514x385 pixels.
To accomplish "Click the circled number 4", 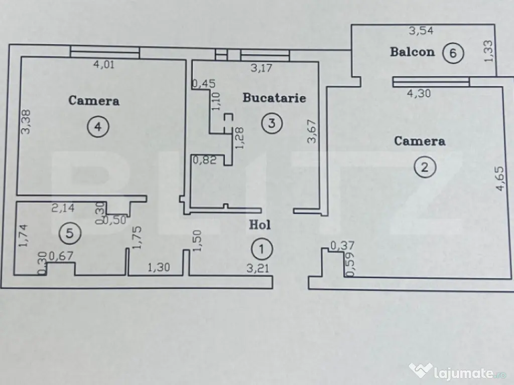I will coord(98,127).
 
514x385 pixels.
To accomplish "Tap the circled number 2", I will coord(425,167).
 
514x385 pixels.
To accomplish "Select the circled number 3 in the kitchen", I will coord(271,123).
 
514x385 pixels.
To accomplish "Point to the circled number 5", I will coord(70,232).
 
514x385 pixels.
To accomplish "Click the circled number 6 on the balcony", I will coord(453,53).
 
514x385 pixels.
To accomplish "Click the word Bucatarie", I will coord(274,98).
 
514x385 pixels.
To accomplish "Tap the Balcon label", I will coord(412,52).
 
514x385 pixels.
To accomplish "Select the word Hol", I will coord(260,225).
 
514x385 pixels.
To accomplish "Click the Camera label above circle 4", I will coord(94,101).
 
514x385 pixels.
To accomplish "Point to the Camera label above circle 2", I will coord(419,141).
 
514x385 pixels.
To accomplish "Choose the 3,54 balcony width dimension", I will coord(421,31).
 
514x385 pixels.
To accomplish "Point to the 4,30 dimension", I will coord(419,92).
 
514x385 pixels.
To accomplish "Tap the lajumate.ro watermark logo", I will coord(457,371).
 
